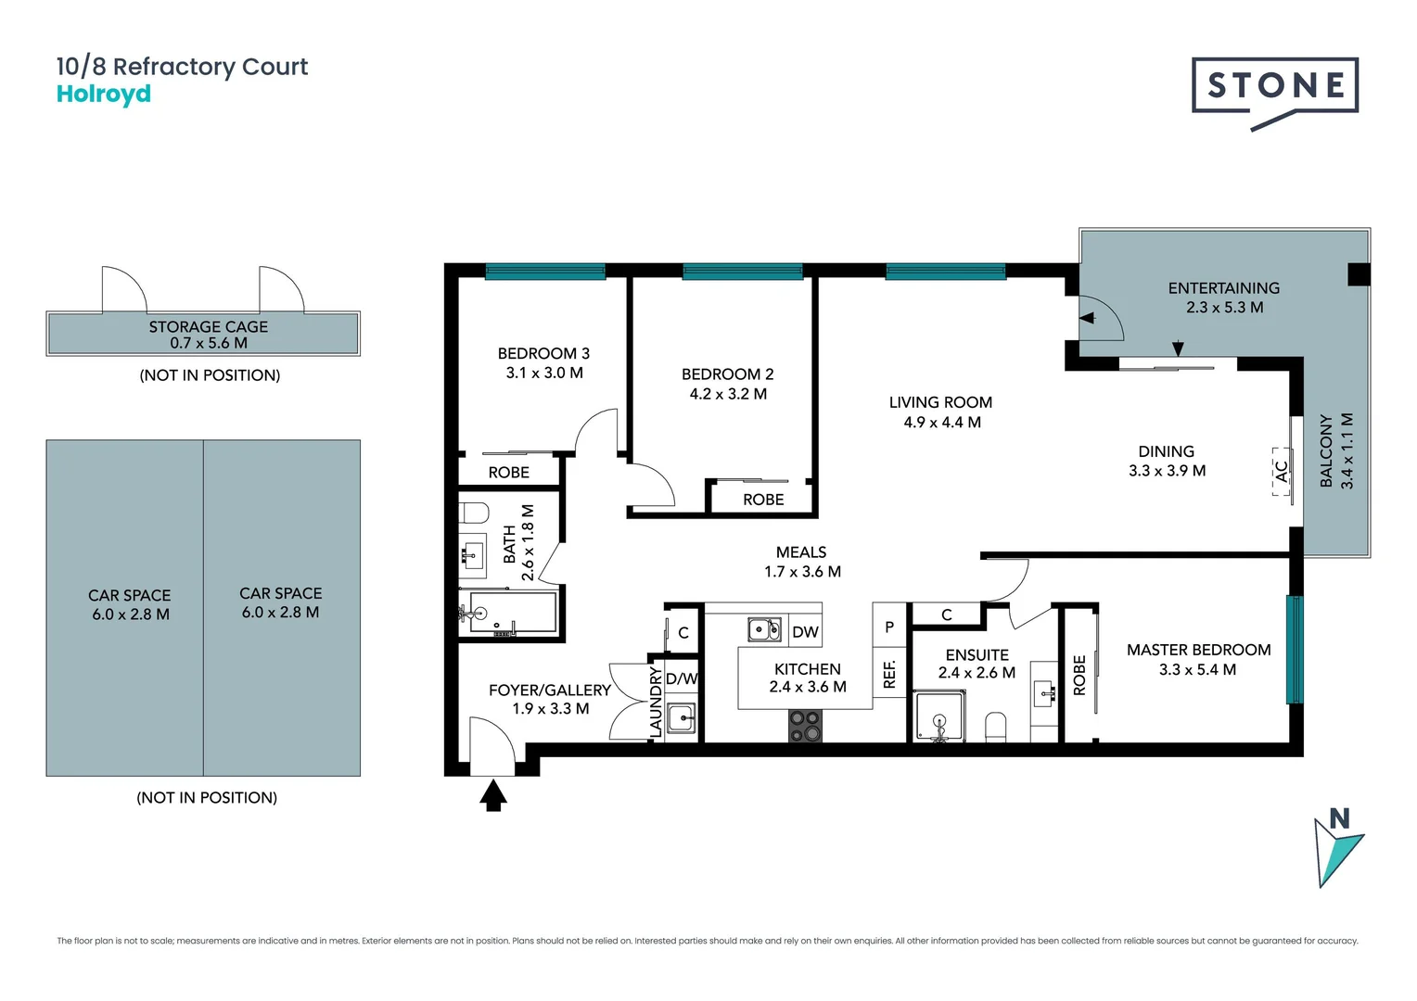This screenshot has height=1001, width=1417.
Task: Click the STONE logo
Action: [x=1275, y=86]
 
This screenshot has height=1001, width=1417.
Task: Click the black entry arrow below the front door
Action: [x=493, y=795]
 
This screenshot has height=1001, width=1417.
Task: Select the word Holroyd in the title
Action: [x=104, y=95]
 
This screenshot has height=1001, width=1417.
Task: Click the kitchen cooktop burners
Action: [x=805, y=726]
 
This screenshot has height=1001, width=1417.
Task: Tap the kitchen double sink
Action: [x=765, y=630]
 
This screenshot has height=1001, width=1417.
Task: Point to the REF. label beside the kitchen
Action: [x=889, y=674]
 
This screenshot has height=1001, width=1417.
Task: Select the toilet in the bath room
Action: [x=474, y=513]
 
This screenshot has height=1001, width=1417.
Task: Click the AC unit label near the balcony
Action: [x=1282, y=472]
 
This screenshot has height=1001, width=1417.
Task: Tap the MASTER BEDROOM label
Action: [x=1198, y=650]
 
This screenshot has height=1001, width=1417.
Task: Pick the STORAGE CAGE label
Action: [x=209, y=327]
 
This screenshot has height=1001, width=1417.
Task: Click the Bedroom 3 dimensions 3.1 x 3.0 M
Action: [x=544, y=373]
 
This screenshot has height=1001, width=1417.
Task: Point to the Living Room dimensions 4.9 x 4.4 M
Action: [x=941, y=423]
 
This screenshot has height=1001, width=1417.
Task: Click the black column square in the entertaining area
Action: [x=1358, y=274]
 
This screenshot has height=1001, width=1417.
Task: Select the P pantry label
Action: [x=889, y=627]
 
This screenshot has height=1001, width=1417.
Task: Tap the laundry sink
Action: [x=682, y=717]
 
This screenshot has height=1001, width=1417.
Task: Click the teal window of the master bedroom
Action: [x=1294, y=649]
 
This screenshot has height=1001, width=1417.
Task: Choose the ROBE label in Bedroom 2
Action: [x=763, y=500]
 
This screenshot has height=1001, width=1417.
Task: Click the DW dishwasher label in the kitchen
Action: [x=805, y=632]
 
